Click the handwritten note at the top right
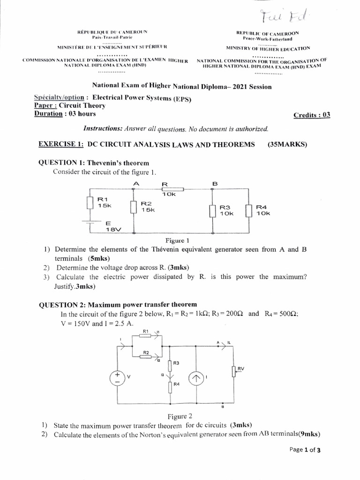283,17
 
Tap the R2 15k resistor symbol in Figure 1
134,206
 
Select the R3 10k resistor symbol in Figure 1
212,210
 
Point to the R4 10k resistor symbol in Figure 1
249,210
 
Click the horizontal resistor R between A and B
172,189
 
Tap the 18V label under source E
113,230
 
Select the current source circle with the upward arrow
196,378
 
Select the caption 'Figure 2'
180,416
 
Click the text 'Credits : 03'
312,115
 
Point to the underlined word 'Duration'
48,113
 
